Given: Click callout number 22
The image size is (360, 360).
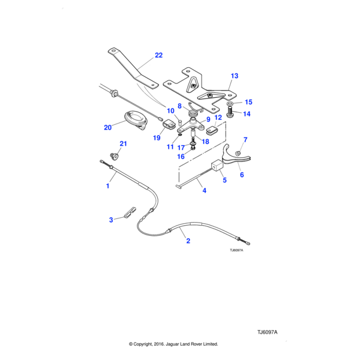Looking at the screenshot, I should point(158,56).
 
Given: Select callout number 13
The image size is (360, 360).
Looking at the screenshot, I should point(234,76).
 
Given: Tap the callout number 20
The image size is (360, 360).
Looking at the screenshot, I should point(107,127).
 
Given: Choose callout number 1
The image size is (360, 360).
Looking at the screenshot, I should point(108,186).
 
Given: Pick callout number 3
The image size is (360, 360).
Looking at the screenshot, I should point(111,220).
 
